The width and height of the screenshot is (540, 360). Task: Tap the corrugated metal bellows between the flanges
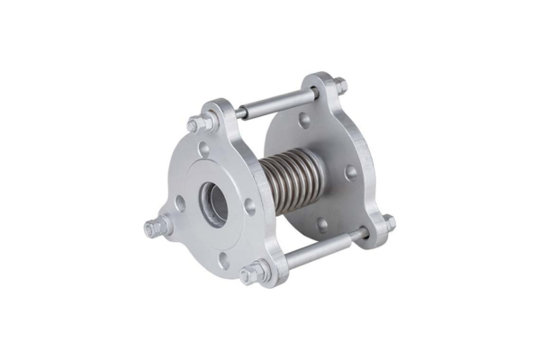click(x=288, y=181)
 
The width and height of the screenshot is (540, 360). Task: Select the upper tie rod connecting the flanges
click(x=279, y=103)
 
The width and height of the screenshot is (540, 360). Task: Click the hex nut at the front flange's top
click(x=200, y=123)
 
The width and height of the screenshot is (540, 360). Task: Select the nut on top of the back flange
click(x=338, y=86)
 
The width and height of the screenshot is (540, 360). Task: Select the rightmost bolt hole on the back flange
click(x=351, y=170)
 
